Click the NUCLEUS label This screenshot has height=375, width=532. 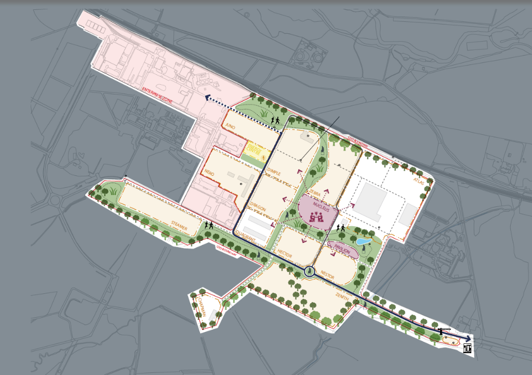click(318, 205)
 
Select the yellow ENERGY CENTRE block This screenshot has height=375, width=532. click(254, 149)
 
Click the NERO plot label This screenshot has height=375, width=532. click(210, 172)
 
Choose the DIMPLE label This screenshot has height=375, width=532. click(274, 172)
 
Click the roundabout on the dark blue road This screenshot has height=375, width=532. click(309, 271)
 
